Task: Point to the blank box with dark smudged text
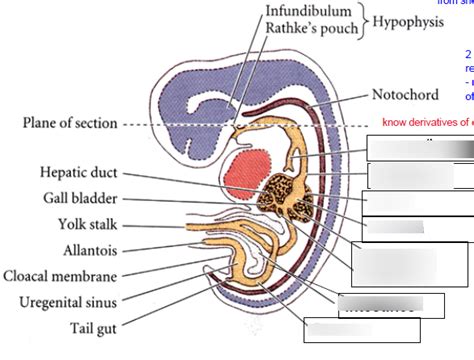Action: [376, 303]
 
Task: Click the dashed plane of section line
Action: [180, 125]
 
